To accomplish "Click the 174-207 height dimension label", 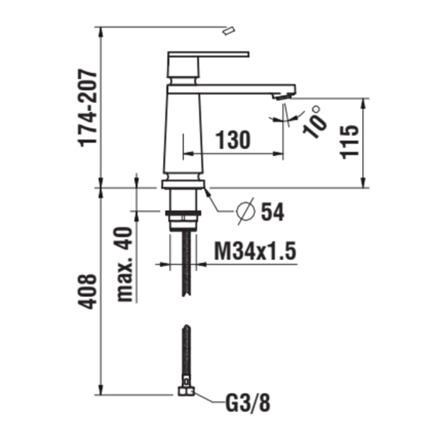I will pos(88,108).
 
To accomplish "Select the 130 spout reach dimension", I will pos(232,139).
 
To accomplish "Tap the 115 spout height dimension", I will pos(351,142).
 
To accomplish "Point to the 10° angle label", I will pos(314,121).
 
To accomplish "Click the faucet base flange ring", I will pos(182,184).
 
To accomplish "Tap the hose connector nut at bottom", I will pos(185,391).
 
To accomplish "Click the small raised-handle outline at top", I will pos(229,31).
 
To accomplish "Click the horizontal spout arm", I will pos(244,89).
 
